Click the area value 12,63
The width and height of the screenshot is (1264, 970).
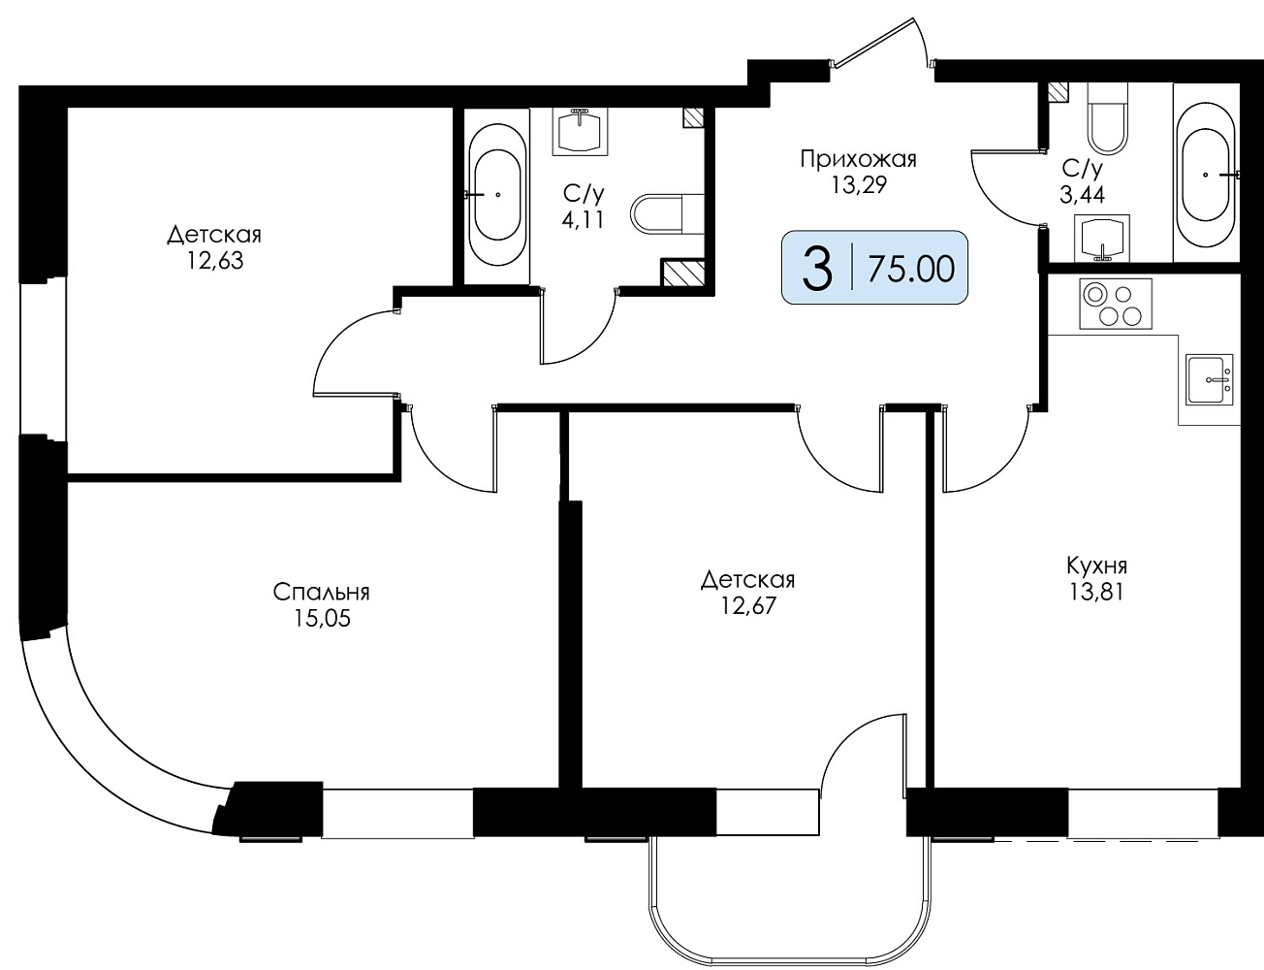[214, 261]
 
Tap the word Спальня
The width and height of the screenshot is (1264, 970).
[321, 593]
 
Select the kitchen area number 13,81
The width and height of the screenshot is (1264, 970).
[1096, 593]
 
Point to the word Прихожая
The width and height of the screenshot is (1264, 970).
[858, 159]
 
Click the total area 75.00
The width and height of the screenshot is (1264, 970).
[911, 270]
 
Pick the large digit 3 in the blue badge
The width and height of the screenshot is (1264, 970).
[817, 269]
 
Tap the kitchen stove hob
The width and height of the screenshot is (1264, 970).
[1116, 304]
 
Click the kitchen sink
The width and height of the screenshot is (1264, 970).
[1210, 379]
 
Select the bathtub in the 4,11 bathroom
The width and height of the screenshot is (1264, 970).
[497, 195]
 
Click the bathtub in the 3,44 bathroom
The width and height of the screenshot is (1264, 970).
[1207, 174]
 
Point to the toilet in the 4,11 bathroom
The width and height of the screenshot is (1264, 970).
[667, 214]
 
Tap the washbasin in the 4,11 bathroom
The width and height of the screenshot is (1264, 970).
[580, 132]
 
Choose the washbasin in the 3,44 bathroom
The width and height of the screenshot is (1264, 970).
[1102, 238]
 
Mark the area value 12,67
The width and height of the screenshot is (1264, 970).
[748, 605]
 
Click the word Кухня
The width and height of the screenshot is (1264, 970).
[1096, 566]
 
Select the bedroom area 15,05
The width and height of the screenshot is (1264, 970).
[322, 619]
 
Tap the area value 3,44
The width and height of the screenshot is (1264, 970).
[1083, 195]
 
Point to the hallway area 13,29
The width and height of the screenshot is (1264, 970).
[859, 185]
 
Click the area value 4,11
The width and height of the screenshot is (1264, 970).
[583, 220]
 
